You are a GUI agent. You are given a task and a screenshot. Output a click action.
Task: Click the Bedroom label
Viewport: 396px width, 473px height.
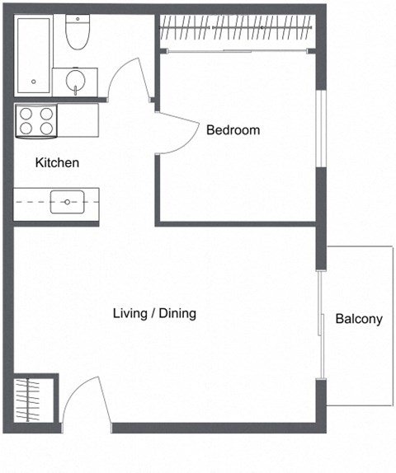coord(233,130)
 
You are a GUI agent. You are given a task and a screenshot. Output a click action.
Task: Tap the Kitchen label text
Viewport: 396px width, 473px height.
coord(57,163)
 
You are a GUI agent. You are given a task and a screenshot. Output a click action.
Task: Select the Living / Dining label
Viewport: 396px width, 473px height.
coord(154,314)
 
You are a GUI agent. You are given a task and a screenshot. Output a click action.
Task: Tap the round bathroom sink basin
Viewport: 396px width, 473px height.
coord(76,81)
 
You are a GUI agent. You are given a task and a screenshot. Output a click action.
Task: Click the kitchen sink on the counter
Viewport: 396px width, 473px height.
coord(66,201)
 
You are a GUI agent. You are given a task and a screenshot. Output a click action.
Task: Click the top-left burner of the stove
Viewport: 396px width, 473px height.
coord(26,114)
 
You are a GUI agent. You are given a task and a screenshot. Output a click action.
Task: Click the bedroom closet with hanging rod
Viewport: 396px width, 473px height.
coord(235,30)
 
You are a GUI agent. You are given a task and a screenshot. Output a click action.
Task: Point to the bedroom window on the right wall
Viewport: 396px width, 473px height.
coord(320,129)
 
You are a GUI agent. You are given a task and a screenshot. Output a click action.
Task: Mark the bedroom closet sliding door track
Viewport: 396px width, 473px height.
coord(235,51)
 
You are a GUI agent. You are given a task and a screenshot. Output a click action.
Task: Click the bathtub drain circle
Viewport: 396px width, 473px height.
coord(34,81)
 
